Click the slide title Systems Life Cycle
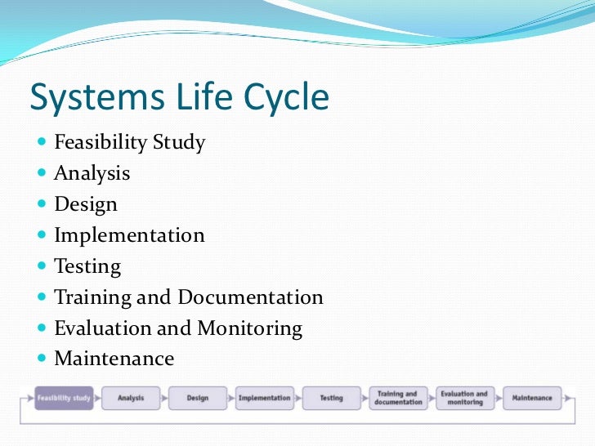pos(179,98)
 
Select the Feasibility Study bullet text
pos(129,143)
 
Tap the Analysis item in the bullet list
pos(92,173)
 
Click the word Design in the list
pos(86,204)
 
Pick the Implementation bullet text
pos(129,235)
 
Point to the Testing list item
pos(87,266)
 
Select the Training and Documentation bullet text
pos(188,297)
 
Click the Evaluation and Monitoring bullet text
pos(178,328)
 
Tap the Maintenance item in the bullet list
pos(114,359)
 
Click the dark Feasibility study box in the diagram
pos(63,399)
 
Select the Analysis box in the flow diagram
pos(131,399)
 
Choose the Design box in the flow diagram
pos(197,399)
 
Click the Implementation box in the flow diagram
pos(264,399)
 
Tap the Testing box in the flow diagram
pos(331,399)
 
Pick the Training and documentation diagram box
pos(398,399)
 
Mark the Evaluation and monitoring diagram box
pos(464,399)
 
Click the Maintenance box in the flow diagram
pos(532,399)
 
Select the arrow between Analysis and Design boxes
pos(163,399)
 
